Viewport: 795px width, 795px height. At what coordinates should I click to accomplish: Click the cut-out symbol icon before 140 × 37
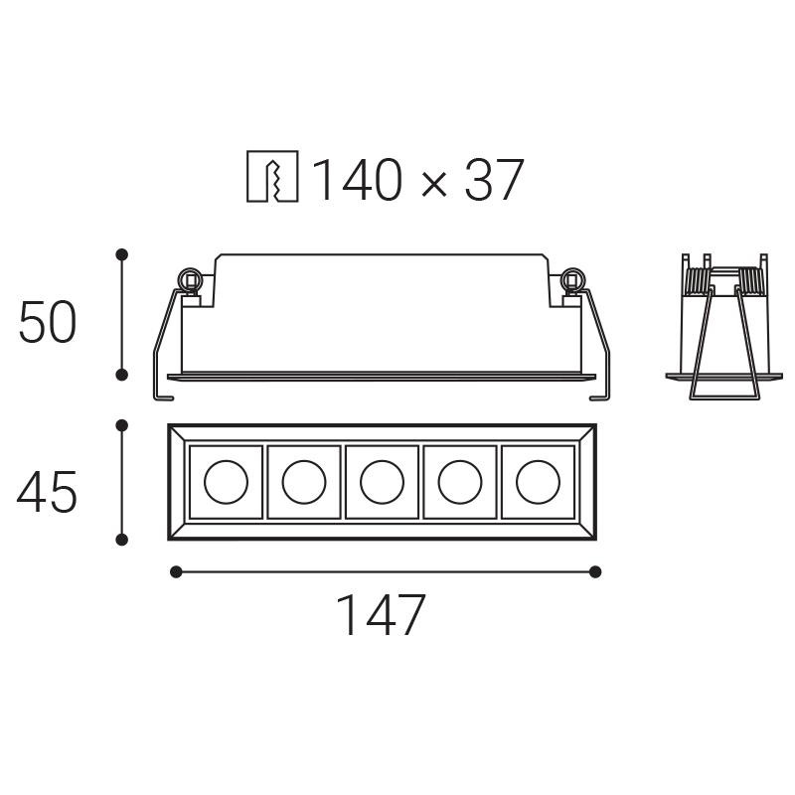coord(271,180)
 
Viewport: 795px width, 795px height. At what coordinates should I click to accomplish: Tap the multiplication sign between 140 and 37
coord(432,184)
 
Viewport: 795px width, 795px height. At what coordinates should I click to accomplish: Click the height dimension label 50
coord(47,323)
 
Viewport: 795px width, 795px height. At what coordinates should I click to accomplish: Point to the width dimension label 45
coord(47,493)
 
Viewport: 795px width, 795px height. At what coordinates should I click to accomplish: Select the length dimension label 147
coord(382,615)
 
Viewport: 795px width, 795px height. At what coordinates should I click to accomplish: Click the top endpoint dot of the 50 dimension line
coord(122,255)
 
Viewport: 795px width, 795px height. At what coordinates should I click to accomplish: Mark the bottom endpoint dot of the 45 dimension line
coord(122,540)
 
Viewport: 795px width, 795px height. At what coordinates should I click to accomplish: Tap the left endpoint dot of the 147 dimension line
coord(176,571)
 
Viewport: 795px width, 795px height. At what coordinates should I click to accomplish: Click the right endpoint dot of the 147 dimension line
coord(595,571)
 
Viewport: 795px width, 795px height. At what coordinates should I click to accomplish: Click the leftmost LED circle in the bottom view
coord(226,482)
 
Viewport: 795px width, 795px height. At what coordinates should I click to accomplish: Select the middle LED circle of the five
coord(382,482)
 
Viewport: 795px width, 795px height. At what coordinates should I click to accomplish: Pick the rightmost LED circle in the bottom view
coord(538,482)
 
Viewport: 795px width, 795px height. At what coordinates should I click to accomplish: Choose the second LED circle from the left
coord(304,482)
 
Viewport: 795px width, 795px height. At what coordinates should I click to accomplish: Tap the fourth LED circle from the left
coord(460,482)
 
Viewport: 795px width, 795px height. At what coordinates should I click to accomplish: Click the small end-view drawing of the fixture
coord(721,328)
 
